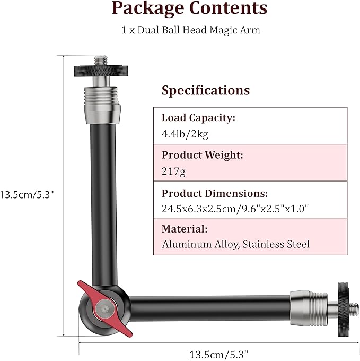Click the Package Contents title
tap(189, 8)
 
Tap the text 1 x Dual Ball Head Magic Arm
tap(190, 30)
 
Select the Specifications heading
tap(206, 90)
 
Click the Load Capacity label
tap(198, 118)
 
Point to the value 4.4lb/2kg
tap(185, 134)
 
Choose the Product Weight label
tap(203, 155)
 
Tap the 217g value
tap(173, 171)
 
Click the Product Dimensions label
tap(215, 193)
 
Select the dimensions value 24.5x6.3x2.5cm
tap(199, 209)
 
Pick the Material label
tap(185, 229)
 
